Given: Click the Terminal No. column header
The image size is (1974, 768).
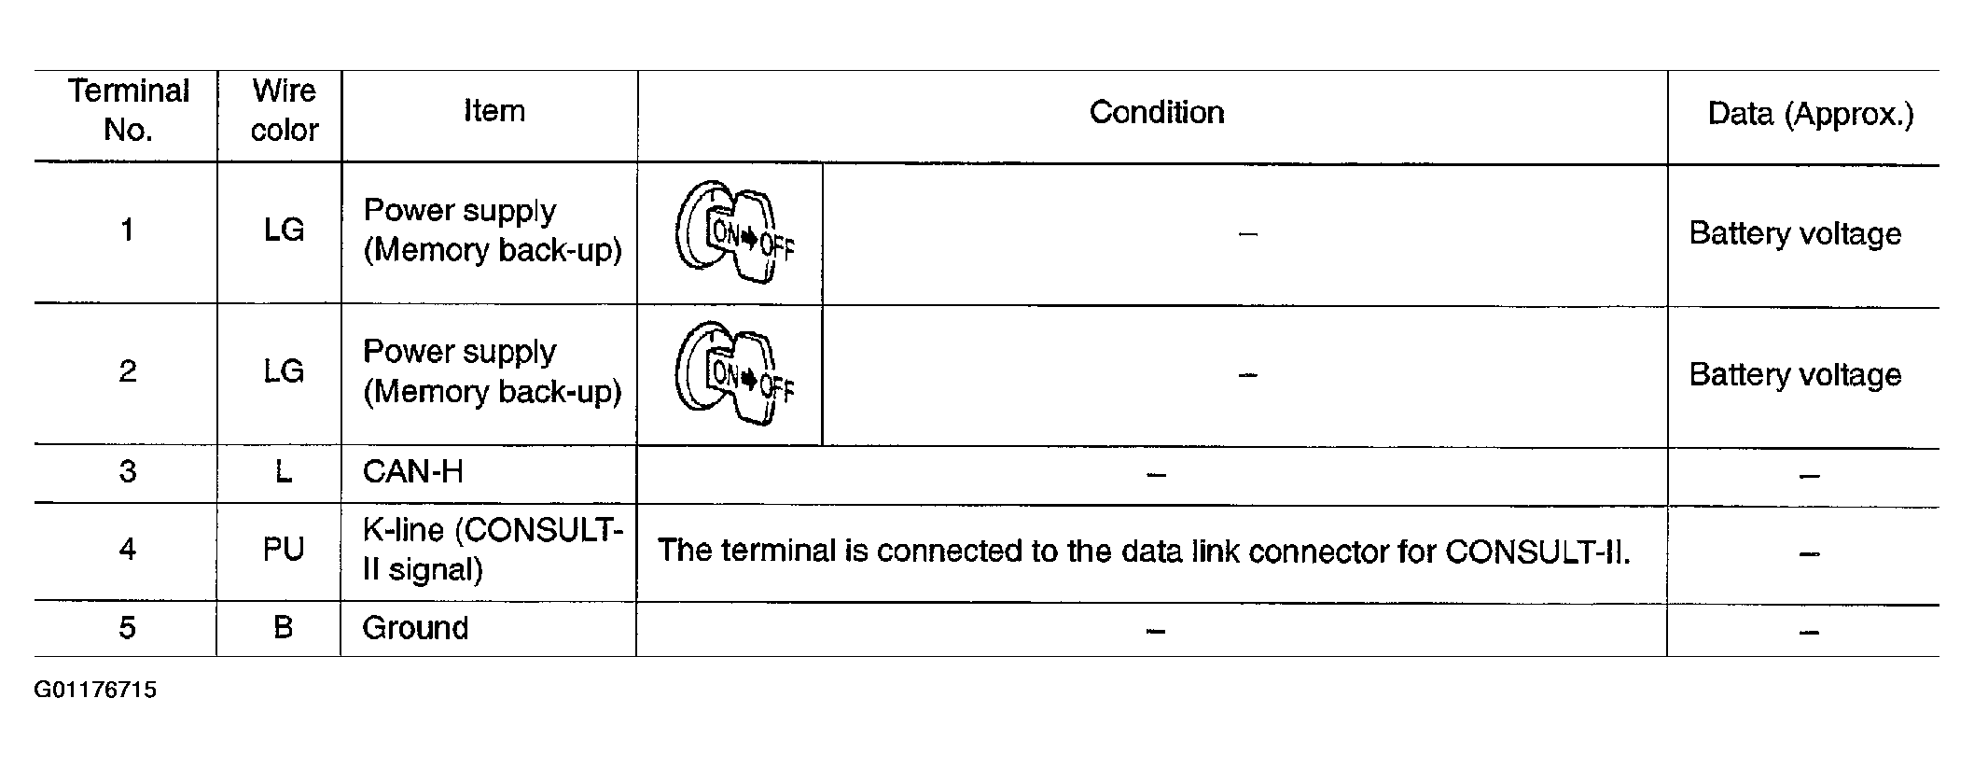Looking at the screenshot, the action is point(129,110).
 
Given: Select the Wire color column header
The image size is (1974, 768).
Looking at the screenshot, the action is point(285,110).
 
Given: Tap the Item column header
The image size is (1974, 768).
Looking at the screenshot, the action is point(494,111).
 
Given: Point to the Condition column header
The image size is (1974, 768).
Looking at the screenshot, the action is point(1157,112).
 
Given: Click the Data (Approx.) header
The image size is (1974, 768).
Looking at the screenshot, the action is point(1811,114).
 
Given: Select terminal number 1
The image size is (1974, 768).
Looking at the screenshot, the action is point(128,230).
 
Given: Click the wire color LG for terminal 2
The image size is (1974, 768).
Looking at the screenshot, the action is point(285,371).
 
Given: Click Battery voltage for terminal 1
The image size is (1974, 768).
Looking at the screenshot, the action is point(1795,233).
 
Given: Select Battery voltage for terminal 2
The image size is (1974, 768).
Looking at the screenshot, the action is point(1795,374).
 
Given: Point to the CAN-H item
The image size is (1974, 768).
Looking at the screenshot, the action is point(412,472).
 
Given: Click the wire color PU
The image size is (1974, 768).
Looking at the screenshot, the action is point(284,549).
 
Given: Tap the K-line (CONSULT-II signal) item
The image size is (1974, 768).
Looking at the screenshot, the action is point(493,550).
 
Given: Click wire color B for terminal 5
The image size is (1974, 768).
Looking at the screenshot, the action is point(284,627).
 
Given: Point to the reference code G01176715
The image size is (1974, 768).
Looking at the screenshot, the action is point(96,691).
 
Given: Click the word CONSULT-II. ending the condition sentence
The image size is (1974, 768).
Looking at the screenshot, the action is point(1537,552).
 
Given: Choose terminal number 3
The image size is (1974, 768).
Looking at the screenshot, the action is point(128,471).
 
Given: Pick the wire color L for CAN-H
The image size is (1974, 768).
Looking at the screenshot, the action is point(284,471).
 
